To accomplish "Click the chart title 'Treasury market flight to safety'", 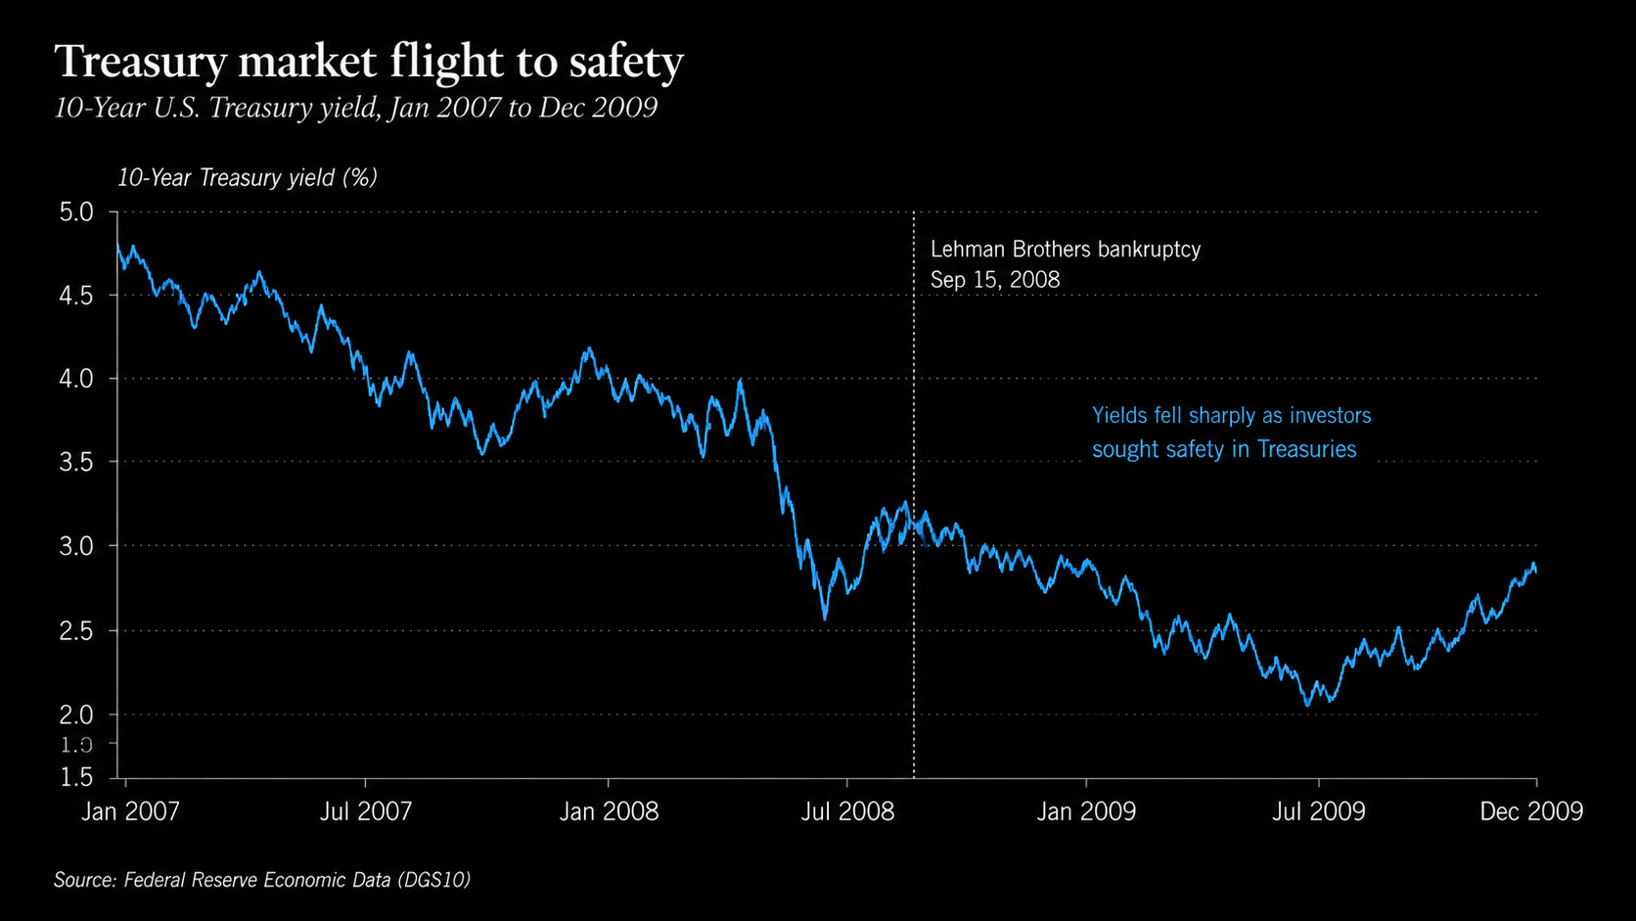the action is (x=369, y=62).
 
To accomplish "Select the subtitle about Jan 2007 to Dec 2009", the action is (x=356, y=108).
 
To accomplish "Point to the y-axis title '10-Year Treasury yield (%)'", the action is (x=248, y=178).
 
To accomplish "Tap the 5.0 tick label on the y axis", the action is (x=76, y=212).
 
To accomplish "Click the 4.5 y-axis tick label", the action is (x=76, y=296).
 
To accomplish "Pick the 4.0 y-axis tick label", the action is (x=76, y=379).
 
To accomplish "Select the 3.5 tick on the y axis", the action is (x=76, y=462).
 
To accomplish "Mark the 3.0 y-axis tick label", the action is (x=76, y=546).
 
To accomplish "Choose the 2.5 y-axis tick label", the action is (x=76, y=631).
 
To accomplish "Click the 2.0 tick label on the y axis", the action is (x=76, y=715).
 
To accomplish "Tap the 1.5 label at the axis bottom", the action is (x=76, y=777).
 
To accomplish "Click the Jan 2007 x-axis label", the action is (x=130, y=811).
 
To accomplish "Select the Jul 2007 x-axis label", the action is (x=366, y=811).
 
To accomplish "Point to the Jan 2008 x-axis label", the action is (x=610, y=811).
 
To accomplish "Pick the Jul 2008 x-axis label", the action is (x=848, y=811).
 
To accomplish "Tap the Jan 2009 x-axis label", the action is (x=1087, y=811).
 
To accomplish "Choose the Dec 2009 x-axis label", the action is (x=1531, y=811).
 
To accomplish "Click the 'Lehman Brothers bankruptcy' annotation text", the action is (x=1066, y=250).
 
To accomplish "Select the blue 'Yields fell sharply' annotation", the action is (x=1231, y=433).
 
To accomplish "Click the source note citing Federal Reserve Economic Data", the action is (x=262, y=880).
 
